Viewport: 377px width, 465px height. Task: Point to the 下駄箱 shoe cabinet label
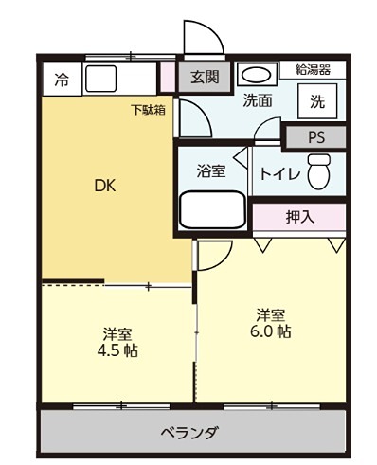[149, 110]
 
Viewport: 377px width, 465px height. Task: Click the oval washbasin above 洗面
[254, 75]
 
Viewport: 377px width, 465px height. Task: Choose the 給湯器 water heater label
[313, 69]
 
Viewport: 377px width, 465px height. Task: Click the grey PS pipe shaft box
[315, 136]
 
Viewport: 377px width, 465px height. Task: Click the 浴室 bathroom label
[210, 171]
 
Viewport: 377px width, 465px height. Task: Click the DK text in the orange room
[105, 186]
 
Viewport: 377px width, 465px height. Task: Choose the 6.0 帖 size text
[270, 332]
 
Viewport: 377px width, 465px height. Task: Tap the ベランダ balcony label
[189, 433]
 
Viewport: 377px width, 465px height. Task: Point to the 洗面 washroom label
[258, 101]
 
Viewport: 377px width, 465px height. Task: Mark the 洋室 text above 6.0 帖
[270, 314]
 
